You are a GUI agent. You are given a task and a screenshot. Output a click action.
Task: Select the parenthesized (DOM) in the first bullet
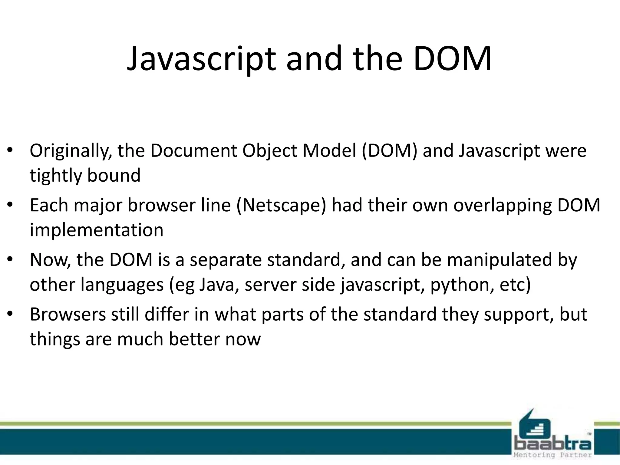[x=390, y=151]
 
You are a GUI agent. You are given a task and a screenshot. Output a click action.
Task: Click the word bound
[x=114, y=175]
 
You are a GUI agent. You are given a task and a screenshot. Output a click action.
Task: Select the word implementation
[x=96, y=230]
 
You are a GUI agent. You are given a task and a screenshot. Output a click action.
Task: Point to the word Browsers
[x=68, y=315]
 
